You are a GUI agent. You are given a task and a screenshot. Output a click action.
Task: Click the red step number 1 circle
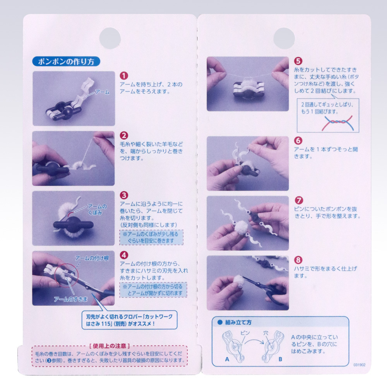[x=124, y=75]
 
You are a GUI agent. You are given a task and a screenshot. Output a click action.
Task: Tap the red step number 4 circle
[x=124, y=255]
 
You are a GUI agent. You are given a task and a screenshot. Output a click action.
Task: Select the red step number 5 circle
[x=298, y=61]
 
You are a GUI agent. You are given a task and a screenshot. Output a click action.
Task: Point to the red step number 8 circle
[x=298, y=260]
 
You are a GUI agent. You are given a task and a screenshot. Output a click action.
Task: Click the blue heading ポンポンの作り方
[x=66, y=62]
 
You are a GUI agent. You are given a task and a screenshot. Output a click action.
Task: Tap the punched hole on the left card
[x=110, y=38]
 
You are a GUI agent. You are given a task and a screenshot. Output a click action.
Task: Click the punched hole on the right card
[x=284, y=38]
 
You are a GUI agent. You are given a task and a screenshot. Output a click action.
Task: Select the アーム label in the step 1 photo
[x=102, y=92]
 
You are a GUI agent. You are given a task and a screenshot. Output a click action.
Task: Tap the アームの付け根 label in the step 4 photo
[x=92, y=258]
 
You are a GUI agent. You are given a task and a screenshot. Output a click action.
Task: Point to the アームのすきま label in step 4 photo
[x=71, y=299]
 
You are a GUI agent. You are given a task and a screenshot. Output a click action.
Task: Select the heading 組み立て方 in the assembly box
[x=238, y=322]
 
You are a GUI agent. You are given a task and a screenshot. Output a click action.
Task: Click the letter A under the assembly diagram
[x=227, y=359]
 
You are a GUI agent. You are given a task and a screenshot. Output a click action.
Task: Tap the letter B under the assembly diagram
[x=280, y=359]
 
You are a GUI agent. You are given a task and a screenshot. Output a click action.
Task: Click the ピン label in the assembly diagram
[x=245, y=333]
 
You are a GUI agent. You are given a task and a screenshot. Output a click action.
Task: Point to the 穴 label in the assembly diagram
[x=265, y=333]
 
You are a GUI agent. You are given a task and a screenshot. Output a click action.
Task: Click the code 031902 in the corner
[x=360, y=365]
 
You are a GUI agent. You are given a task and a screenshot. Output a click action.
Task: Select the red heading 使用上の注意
[x=110, y=346]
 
